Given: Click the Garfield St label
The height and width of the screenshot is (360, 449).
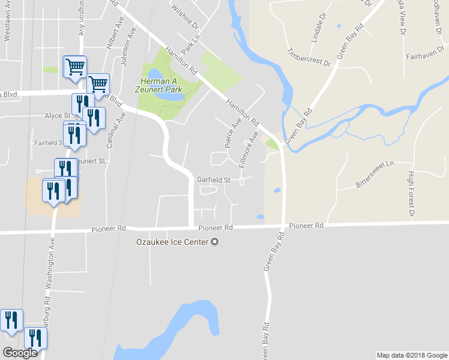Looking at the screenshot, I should pos(214,179).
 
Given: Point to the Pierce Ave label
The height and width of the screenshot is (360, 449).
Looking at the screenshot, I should pos(232,133).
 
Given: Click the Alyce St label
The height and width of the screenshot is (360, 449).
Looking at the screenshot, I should pos(58,115).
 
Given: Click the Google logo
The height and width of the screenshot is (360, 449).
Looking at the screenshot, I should pos(20,353).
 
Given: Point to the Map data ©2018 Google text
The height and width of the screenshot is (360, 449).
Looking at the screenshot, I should pos(411,355).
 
